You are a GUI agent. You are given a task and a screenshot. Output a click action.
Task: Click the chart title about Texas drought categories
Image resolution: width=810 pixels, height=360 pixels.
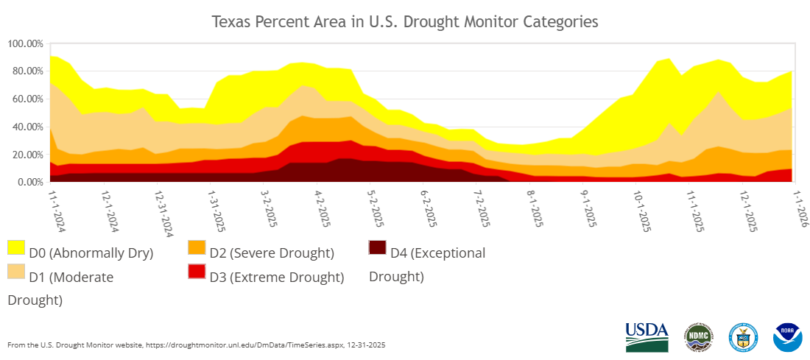(x=405, y=21)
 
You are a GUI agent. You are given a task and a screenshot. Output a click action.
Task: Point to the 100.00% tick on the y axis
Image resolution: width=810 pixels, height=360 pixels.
(x=26, y=43)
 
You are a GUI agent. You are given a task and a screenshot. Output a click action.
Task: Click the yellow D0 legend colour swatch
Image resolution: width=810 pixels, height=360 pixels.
(x=16, y=247)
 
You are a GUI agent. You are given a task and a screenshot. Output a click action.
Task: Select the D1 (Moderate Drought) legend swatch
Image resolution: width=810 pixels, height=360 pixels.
(x=16, y=271)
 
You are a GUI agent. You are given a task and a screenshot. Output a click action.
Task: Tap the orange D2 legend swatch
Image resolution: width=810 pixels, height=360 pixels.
(x=197, y=247)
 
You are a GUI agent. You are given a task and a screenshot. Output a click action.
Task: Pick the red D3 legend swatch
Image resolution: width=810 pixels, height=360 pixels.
(x=197, y=271)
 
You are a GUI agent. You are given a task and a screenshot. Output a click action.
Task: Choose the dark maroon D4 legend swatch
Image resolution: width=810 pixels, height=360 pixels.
(x=378, y=247)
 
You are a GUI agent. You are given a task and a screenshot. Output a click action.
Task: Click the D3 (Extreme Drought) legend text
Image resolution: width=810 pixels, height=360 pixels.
(x=277, y=277)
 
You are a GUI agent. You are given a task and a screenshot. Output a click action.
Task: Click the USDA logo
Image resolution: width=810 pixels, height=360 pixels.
(x=647, y=336)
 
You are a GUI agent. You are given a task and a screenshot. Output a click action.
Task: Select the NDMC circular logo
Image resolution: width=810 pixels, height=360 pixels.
(x=698, y=336)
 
